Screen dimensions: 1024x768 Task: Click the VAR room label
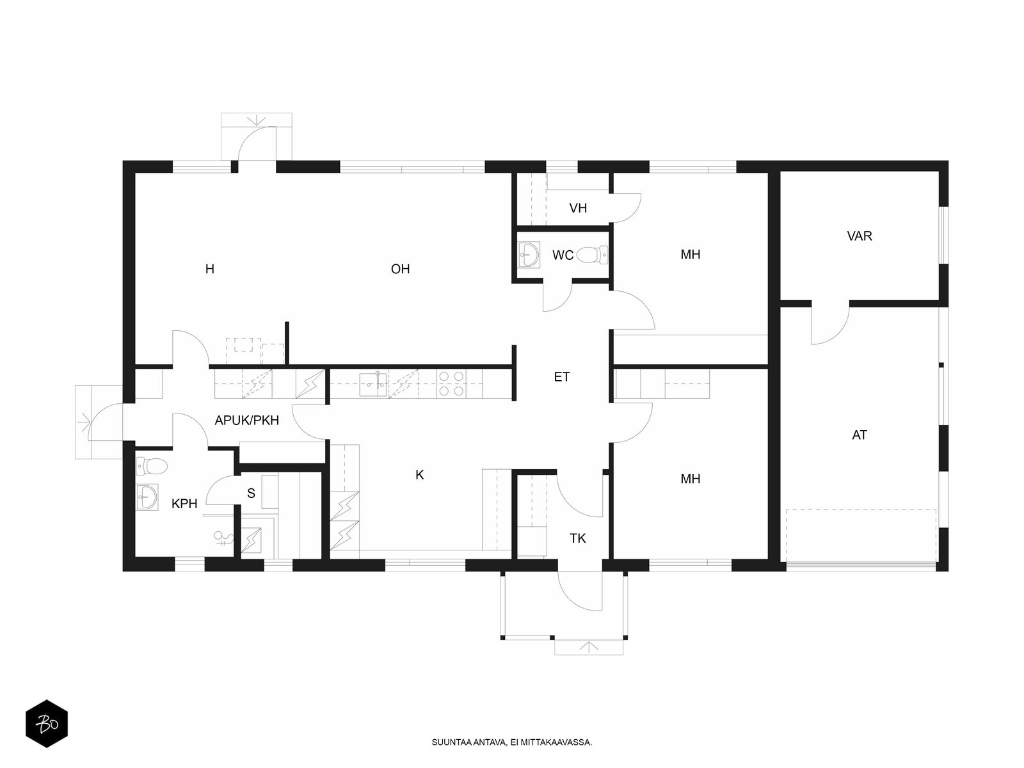860,236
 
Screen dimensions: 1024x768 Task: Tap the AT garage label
860,435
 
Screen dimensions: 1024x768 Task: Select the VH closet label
578,208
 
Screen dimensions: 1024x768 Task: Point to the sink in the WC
529,255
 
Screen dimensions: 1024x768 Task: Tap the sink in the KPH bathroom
147,497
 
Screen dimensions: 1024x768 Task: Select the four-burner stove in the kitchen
451,384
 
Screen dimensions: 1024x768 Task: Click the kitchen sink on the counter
373,384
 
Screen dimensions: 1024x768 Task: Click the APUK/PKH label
247,420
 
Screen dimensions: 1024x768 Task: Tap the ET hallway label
562,377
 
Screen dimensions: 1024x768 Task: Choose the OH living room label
400,269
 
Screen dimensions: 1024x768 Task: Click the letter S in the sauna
251,493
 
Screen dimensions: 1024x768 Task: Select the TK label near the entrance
577,539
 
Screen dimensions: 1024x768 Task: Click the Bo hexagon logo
47,724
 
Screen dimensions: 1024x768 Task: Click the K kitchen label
419,475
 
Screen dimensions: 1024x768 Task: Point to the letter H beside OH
210,269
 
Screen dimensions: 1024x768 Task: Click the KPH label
184,504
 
